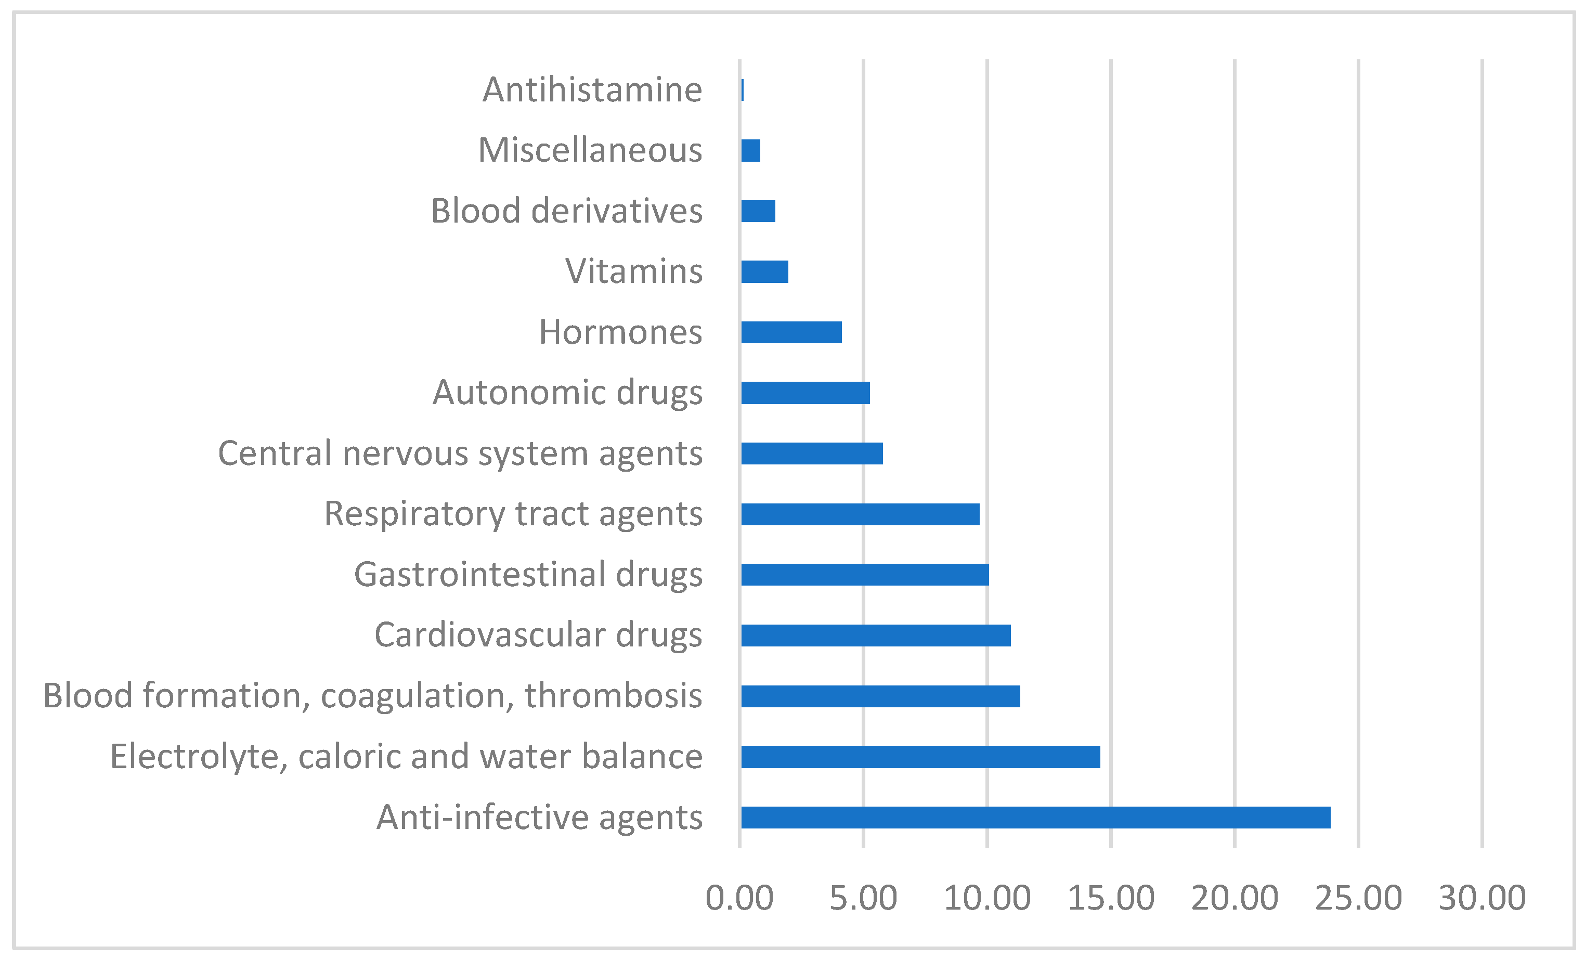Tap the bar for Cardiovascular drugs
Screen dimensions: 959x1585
pos(876,636)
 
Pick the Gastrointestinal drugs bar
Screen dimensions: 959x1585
pos(865,574)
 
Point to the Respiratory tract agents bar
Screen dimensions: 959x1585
pos(860,514)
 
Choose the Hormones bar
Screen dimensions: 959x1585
pos(791,332)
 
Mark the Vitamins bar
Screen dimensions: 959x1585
pos(764,271)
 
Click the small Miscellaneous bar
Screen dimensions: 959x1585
pos(751,150)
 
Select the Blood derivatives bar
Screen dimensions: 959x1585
pos(758,211)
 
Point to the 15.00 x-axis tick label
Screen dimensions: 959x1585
pos(1111,898)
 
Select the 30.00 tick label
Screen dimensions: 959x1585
pos(1482,898)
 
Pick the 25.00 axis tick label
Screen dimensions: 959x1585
pos(1358,898)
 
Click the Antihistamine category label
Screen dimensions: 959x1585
pos(592,89)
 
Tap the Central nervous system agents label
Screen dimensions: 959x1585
pos(460,453)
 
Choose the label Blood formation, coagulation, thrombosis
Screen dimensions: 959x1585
pos(372,696)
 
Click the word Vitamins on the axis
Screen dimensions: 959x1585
pos(633,271)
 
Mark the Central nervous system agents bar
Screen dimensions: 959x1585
pos(812,453)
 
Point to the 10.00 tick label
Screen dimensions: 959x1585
pos(987,898)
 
